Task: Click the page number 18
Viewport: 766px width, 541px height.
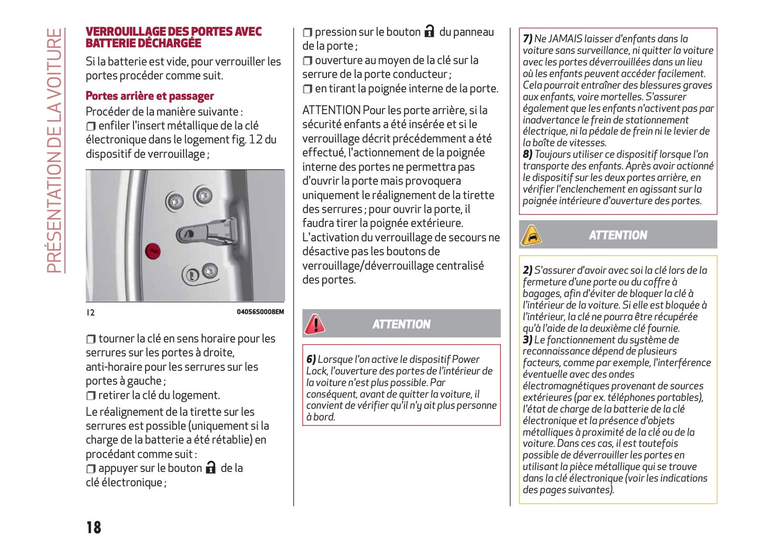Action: (94, 527)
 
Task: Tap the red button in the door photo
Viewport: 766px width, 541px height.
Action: (153, 251)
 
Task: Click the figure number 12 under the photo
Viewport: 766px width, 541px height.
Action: (91, 312)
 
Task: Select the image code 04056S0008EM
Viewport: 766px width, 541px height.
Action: (260, 312)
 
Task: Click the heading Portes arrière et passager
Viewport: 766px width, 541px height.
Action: (149, 96)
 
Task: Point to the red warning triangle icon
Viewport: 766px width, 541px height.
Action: (315, 324)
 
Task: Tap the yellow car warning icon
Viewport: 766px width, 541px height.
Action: (531, 235)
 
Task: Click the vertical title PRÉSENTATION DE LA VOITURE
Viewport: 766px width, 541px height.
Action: (55, 151)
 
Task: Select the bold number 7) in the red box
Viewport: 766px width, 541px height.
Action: (527, 39)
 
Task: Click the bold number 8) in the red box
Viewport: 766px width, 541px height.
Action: (527, 154)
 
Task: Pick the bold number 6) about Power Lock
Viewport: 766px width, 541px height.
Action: (311, 360)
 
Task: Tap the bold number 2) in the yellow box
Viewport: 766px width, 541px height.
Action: (527, 270)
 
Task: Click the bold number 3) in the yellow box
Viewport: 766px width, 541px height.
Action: (527, 340)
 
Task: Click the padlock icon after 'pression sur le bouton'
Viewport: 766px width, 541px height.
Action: (429, 31)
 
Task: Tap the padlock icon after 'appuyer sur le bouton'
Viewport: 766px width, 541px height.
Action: (211, 467)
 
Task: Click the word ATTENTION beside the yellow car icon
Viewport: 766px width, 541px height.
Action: (618, 235)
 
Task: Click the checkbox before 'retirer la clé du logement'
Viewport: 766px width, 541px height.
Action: (91, 396)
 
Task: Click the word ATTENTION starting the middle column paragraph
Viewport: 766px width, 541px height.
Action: (331, 110)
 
